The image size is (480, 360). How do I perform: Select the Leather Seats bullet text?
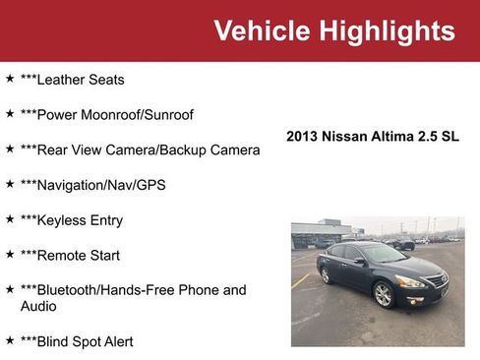click(73, 80)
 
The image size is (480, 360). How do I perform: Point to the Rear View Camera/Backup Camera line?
click(140, 150)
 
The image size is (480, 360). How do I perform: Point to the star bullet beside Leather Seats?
click(10, 78)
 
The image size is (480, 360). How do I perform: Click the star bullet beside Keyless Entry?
click(10, 218)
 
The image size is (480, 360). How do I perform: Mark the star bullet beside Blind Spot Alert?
click(10, 339)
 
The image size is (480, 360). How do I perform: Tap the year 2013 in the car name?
click(303, 138)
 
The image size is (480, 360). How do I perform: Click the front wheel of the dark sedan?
click(384, 294)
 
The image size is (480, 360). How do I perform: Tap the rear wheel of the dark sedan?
click(326, 275)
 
